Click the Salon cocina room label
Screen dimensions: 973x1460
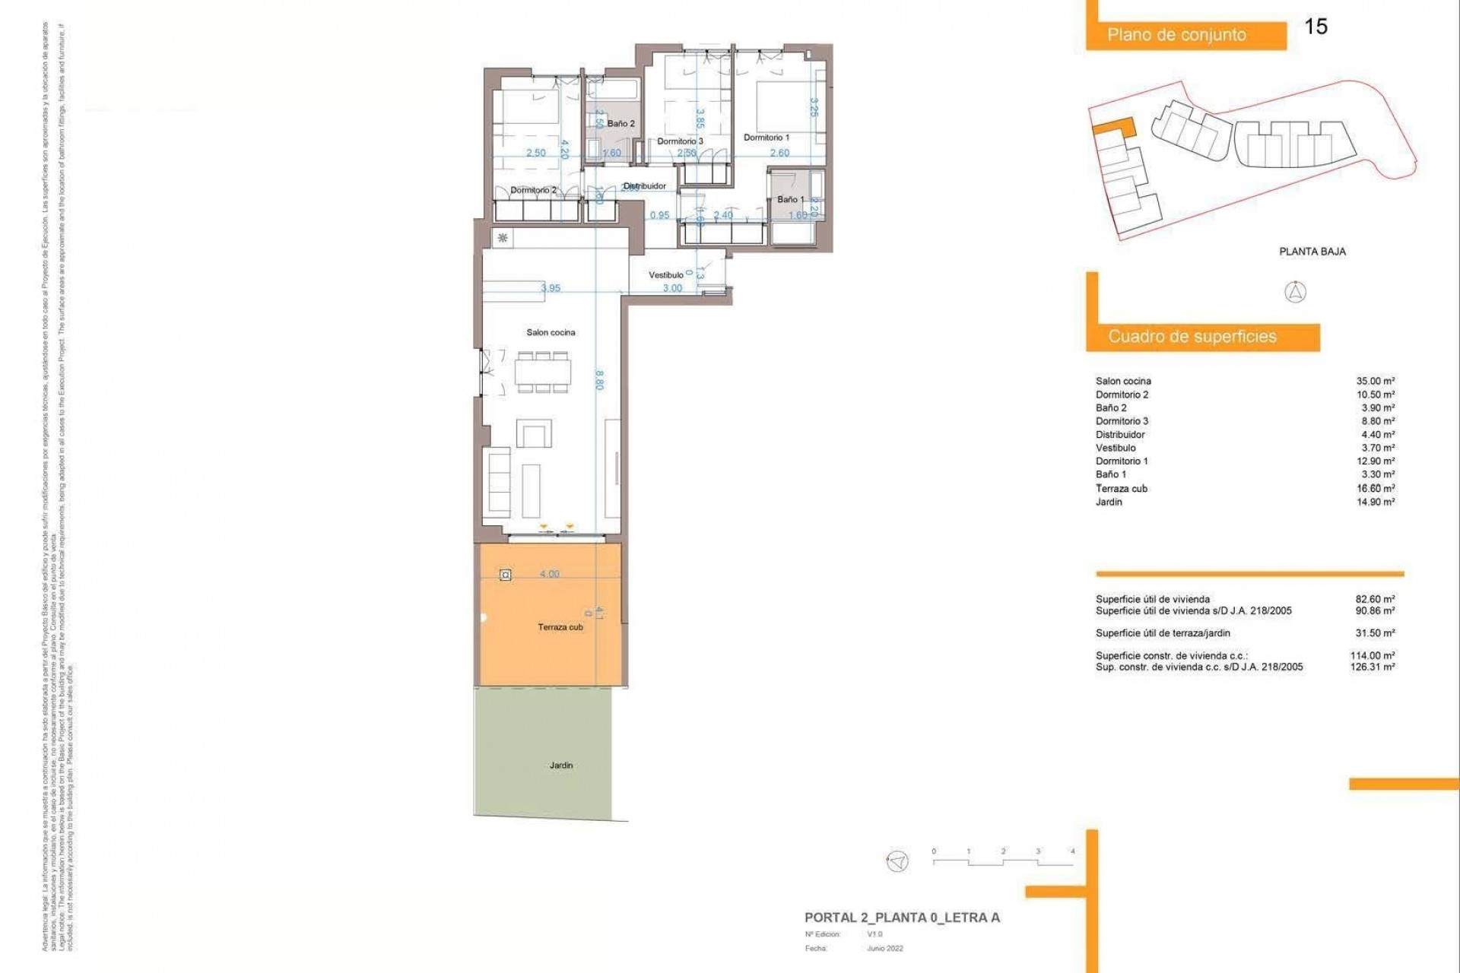click(551, 332)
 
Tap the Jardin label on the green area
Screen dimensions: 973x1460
click(561, 765)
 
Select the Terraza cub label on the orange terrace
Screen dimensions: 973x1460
click(560, 627)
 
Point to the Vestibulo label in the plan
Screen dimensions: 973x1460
click(665, 275)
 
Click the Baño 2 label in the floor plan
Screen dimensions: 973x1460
click(620, 123)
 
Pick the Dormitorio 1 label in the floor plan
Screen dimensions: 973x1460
click(766, 138)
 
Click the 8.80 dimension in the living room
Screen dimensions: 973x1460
click(599, 380)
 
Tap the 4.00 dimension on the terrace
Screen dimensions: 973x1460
click(549, 574)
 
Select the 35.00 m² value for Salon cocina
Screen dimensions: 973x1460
click(1375, 382)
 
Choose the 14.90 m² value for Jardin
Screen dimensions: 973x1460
click(1375, 502)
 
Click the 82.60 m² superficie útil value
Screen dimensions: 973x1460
click(1375, 599)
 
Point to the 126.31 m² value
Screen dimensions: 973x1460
click(1372, 667)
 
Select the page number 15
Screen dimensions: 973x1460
click(1316, 27)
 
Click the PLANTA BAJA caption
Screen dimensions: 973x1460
click(1312, 252)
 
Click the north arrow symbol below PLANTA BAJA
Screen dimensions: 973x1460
click(1295, 292)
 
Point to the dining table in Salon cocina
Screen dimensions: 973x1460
click(543, 372)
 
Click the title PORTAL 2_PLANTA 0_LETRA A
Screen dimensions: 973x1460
click(902, 918)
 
